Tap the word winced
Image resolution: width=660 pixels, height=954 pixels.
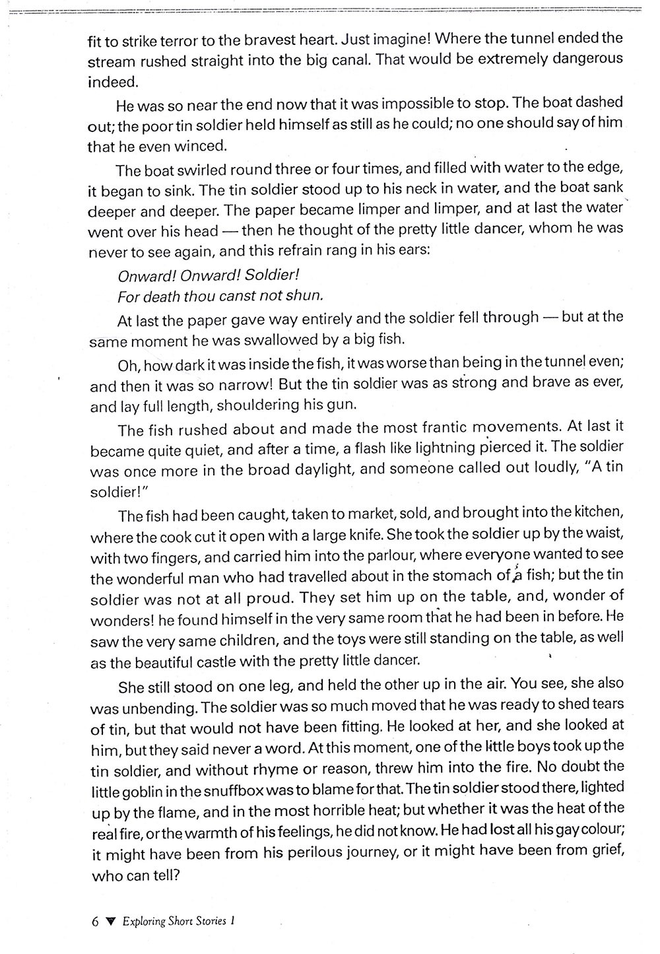(199, 146)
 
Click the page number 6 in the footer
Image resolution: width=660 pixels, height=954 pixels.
(96, 922)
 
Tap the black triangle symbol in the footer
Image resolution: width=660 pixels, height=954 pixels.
(111, 922)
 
